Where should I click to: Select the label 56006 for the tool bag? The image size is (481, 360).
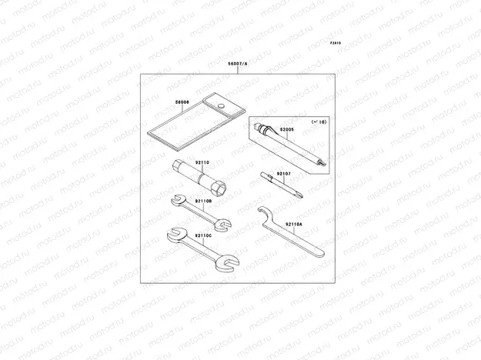tap(182, 102)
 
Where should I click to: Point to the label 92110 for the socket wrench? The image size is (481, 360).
tap(202, 163)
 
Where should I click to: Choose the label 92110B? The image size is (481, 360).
tap(203, 202)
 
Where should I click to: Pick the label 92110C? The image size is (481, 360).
tap(203, 235)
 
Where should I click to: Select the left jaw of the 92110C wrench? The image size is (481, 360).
tap(174, 233)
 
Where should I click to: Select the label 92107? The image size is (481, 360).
tap(286, 175)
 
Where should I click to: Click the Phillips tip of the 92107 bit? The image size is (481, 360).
tap(299, 195)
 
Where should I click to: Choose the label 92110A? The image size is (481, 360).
tap(294, 225)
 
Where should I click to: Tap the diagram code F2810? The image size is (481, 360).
tap(336, 44)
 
